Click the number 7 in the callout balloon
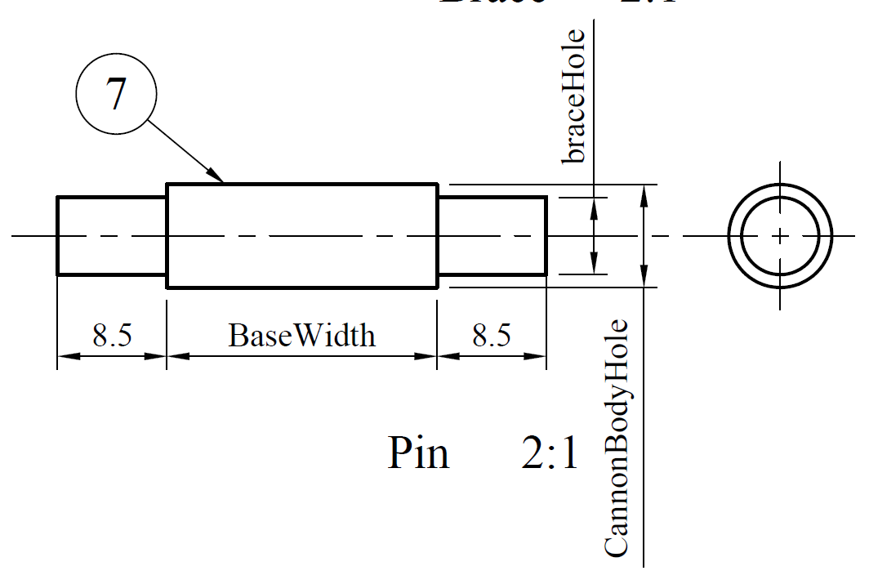pyautogui.click(x=115, y=95)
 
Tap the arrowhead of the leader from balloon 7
pyautogui.click(x=218, y=176)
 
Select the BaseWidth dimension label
pyautogui.click(x=301, y=336)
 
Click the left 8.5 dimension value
pyautogui.click(x=112, y=336)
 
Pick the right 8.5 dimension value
pyautogui.click(x=492, y=336)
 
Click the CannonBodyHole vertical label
pyautogui.click(x=617, y=439)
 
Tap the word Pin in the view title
pyautogui.click(x=418, y=452)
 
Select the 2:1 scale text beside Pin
pyautogui.click(x=550, y=452)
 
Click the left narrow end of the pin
pyautogui.click(x=112, y=236)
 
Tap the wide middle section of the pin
pyautogui.click(x=301, y=236)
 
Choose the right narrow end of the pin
pyautogui.click(x=492, y=236)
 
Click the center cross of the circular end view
pyautogui.click(x=780, y=236)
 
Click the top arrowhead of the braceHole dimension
pyautogui.click(x=595, y=204)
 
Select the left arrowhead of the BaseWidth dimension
pyautogui.click(x=175, y=356)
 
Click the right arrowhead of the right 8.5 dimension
pyautogui.click(x=538, y=356)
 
